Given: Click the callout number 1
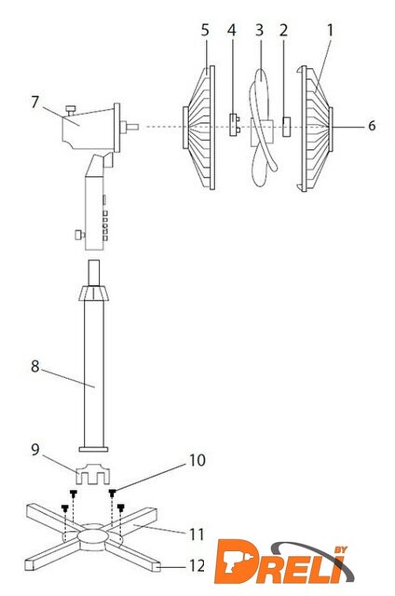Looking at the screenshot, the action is (330, 31).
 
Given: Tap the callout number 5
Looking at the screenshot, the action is (205, 30).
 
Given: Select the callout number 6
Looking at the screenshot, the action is (372, 126).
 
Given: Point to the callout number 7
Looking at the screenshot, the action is (35, 102).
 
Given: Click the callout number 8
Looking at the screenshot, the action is (35, 366).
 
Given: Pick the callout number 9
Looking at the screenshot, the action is (35, 450).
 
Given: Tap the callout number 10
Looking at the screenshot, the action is (197, 460).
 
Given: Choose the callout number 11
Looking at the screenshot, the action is (197, 535).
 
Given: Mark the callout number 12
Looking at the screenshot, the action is (197, 565).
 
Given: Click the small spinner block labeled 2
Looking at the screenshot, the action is (286, 127).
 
